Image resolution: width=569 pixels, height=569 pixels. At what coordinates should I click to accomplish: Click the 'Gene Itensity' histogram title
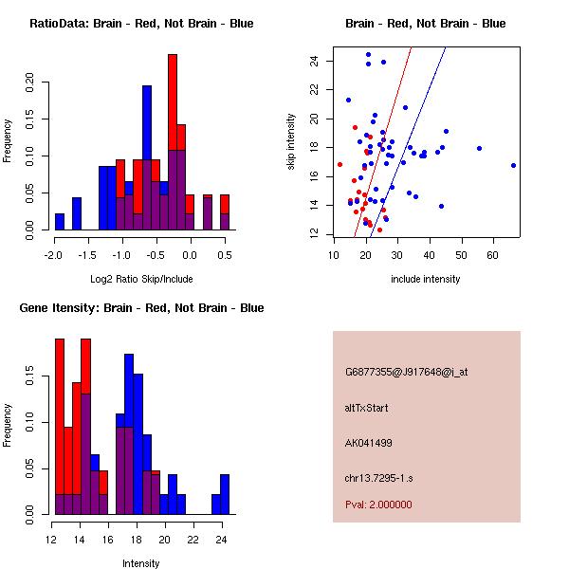point(141,308)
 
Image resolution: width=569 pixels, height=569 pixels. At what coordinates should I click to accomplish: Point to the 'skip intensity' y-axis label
point(292,141)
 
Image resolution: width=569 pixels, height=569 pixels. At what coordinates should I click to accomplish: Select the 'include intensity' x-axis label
point(426,279)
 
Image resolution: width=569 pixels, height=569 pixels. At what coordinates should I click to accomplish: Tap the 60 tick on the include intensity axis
point(495,254)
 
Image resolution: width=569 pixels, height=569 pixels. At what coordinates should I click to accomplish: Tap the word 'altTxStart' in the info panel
point(366,408)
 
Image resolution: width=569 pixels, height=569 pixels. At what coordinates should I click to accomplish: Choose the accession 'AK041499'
point(369,443)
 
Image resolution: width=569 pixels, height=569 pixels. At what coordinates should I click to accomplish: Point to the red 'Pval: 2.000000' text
point(378,505)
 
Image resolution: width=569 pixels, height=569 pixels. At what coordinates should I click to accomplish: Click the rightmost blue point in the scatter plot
point(513,165)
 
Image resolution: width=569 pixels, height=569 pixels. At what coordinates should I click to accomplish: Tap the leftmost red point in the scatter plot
point(340,164)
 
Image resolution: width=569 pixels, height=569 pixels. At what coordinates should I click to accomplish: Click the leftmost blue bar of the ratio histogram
point(60,221)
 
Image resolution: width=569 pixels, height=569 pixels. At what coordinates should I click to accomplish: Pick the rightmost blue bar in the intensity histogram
point(225,494)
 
